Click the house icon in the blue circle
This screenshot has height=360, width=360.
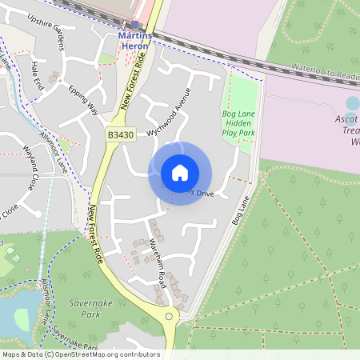180,173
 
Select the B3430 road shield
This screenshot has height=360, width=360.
120,137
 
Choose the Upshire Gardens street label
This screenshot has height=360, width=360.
45,30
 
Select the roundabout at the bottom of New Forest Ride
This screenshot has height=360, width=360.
170,317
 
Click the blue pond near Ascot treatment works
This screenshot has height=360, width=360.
353,103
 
